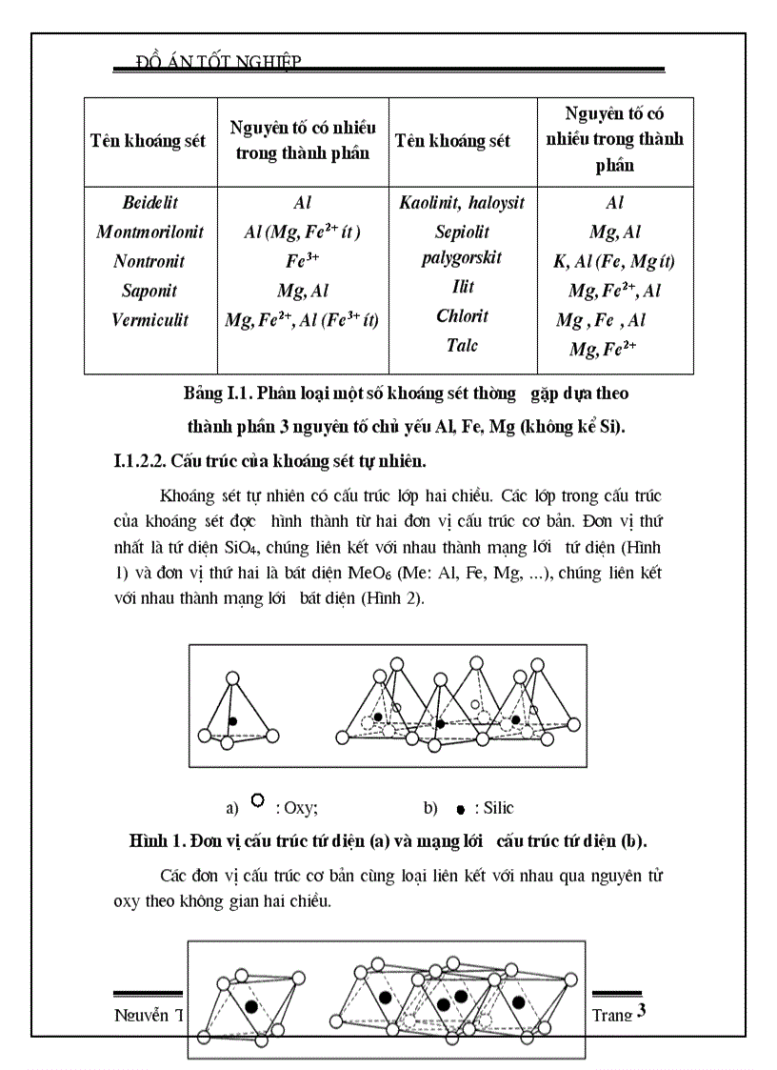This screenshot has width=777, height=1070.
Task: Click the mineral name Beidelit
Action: click(150, 203)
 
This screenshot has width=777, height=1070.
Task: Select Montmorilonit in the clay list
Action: click(150, 232)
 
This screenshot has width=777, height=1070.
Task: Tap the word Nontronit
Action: click(149, 261)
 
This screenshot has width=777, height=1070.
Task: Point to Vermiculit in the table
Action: click(150, 320)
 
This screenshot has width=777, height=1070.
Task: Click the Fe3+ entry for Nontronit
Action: click(302, 261)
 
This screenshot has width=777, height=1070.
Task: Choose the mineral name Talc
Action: click(462, 345)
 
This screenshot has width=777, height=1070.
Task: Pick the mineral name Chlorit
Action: click(462, 315)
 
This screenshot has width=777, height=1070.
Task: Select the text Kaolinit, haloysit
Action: click(462, 203)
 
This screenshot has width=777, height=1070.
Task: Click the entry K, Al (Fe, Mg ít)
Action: click(614, 261)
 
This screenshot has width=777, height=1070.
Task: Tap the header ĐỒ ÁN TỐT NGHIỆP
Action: click(219, 62)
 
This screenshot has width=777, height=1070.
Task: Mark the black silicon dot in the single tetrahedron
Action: click(232, 722)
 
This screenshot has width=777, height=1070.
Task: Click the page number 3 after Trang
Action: click(642, 1011)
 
